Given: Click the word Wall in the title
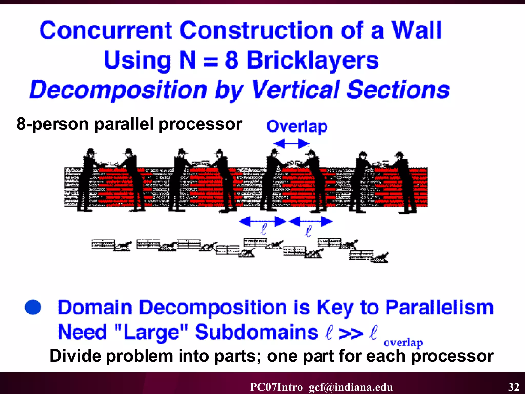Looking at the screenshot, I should (416, 30).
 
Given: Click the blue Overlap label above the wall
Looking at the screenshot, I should (297, 126).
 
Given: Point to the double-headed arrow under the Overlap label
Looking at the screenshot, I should (291, 143).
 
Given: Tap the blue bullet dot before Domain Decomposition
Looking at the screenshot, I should (33, 307).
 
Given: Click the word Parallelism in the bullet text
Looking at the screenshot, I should (440, 307).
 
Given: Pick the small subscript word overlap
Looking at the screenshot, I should (403, 343).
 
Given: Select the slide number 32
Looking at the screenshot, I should (514, 387).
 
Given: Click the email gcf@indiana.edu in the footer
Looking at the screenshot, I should (351, 387).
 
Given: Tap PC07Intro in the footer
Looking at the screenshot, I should (276, 387).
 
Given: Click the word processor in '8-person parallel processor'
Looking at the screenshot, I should (200, 124).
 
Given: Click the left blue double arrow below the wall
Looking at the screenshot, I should (262, 221).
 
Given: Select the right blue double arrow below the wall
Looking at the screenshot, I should (311, 221).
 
